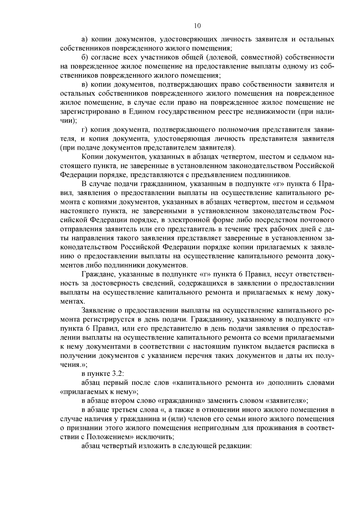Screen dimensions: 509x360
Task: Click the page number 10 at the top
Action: pos(197,26)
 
